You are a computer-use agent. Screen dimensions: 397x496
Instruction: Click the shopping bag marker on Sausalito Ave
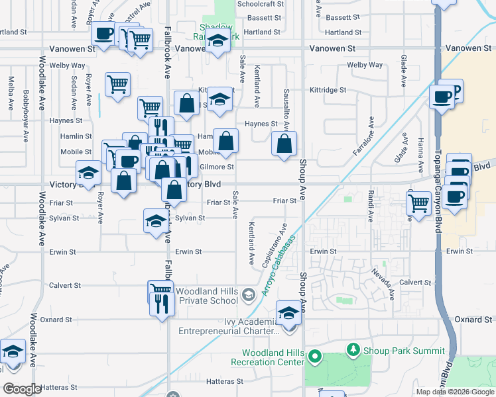pyautogui.click(x=284, y=144)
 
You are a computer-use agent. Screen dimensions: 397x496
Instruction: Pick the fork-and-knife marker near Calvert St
pyautogui.click(x=161, y=304)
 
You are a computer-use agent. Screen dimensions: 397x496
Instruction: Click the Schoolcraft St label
pyautogui.click(x=260, y=3)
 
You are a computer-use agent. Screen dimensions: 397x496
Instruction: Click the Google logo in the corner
pyautogui.click(x=22, y=389)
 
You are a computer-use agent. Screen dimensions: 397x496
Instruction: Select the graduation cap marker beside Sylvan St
pyautogui.click(x=155, y=221)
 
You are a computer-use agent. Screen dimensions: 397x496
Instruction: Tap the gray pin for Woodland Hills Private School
pyautogui.click(x=248, y=294)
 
